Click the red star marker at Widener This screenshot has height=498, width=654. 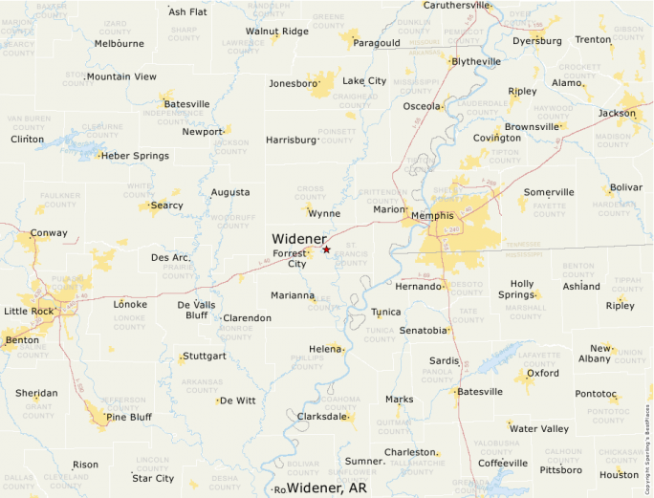click(x=326, y=249)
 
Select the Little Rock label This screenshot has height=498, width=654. click(x=29, y=312)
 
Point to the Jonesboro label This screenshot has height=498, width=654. click(x=293, y=83)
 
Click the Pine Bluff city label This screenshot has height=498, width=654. click(x=129, y=417)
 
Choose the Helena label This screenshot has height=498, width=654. click(x=323, y=349)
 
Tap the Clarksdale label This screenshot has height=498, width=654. click(x=322, y=417)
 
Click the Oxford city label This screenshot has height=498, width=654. click(x=543, y=374)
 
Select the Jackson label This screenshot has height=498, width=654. click(x=617, y=113)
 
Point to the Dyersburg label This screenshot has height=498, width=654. click(x=536, y=41)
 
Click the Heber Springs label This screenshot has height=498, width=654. click(x=135, y=156)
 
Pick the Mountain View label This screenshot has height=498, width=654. click(x=121, y=76)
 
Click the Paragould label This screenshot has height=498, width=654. click(x=376, y=43)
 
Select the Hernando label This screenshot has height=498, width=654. click(x=419, y=286)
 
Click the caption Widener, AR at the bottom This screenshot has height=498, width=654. click(x=327, y=487)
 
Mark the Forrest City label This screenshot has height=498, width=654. click(x=290, y=258)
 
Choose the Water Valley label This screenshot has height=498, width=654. click(x=539, y=428)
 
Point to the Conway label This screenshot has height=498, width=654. click(x=49, y=233)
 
